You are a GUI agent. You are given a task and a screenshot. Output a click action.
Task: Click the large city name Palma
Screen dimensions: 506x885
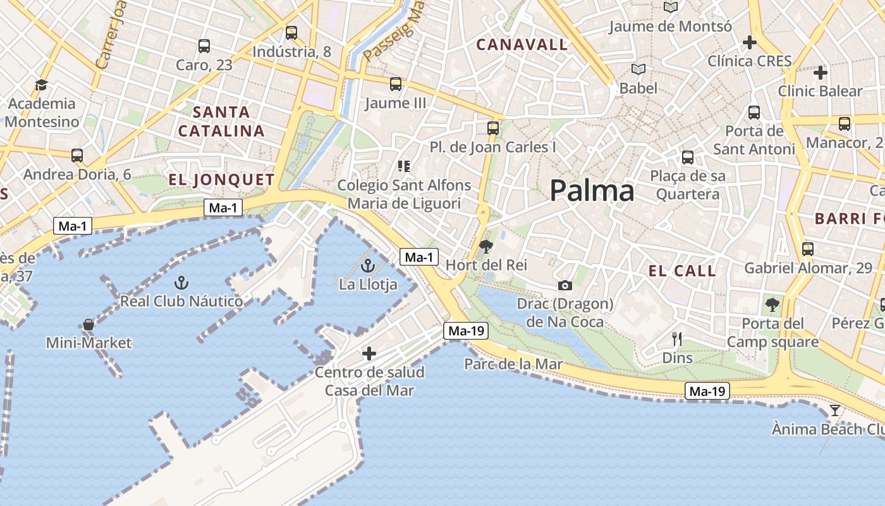[x=592, y=190]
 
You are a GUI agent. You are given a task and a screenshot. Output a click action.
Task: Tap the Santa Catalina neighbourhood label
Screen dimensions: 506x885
[x=221, y=121]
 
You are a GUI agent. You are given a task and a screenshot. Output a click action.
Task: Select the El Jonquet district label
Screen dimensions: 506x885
[x=221, y=180]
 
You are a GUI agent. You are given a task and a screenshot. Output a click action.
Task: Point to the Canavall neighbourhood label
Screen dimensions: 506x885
[x=522, y=45]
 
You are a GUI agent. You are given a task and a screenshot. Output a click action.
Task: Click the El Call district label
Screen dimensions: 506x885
[x=682, y=271]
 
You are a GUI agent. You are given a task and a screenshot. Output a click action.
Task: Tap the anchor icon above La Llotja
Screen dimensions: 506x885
[x=368, y=266]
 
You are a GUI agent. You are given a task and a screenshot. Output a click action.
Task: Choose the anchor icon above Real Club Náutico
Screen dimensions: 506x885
[x=181, y=282]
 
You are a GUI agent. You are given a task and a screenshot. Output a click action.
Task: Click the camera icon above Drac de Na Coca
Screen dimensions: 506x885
[x=565, y=286]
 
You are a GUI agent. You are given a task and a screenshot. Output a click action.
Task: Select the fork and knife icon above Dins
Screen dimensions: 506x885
[x=677, y=339]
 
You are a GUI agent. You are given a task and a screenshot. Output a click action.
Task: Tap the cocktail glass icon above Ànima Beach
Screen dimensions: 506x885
[x=835, y=410]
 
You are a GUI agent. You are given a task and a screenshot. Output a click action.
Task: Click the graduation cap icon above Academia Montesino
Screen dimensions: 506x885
[x=42, y=85]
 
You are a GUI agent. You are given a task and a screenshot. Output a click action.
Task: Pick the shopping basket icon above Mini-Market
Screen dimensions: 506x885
[x=88, y=324]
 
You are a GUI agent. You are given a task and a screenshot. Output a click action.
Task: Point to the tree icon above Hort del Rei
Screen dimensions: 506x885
[x=485, y=247]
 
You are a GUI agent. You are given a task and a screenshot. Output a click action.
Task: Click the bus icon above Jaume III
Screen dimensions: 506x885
[x=396, y=84]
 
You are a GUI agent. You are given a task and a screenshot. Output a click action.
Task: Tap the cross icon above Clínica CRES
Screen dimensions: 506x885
[x=750, y=42]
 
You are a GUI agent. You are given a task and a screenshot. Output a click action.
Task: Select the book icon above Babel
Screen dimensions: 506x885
[x=638, y=69]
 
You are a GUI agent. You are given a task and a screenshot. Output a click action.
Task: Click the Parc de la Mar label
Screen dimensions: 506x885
[x=513, y=364]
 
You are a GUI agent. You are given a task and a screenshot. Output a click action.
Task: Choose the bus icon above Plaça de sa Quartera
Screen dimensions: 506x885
[x=688, y=157]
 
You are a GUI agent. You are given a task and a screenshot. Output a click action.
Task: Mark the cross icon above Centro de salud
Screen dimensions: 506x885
[x=369, y=353]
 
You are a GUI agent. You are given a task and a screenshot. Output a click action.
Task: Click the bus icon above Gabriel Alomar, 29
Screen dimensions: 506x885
[x=807, y=249]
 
